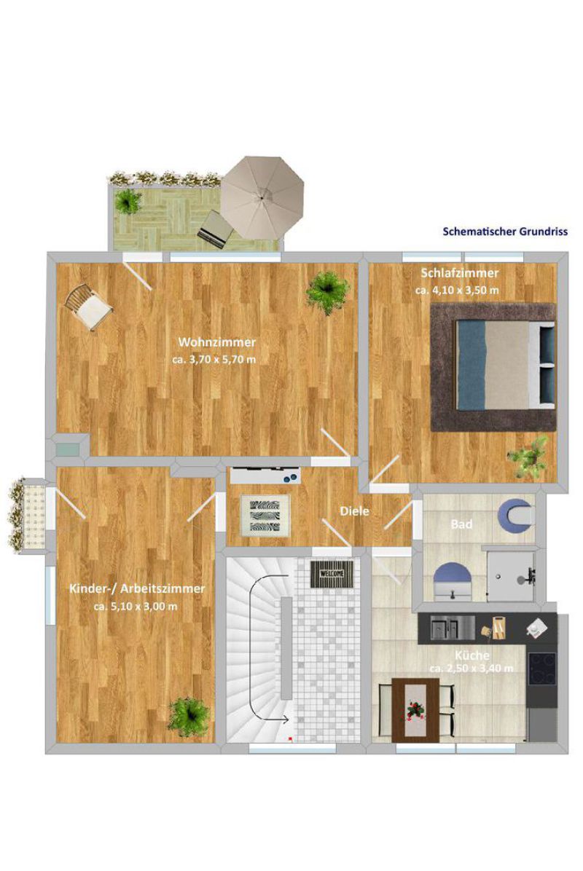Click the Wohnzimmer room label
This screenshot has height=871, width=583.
pyautogui.click(x=216, y=342)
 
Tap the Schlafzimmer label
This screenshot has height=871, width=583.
pyautogui.click(x=459, y=273)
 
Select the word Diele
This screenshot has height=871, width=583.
pyautogui.click(x=354, y=511)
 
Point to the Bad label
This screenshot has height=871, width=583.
pyautogui.click(x=461, y=524)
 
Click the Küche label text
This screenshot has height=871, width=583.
pyautogui.click(x=472, y=655)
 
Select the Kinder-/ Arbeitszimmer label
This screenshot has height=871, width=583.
pyautogui.click(x=137, y=588)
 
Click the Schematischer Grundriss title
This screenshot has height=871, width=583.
pyautogui.click(x=504, y=231)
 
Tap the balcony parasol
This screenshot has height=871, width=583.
pyautogui.click(x=262, y=197)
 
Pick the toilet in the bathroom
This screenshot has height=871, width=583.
pyautogui.click(x=516, y=514)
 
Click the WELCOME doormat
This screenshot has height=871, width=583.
pyautogui.click(x=332, y=574)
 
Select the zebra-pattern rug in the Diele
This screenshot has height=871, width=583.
pyautogui.click(x=265, y=516)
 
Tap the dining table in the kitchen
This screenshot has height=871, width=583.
pyautogui.click(x=414, y=710)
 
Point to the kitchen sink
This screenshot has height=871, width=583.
pyautogui.click(x=453, y=628)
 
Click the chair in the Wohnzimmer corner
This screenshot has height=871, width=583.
pyautogui.click(x=88, y=307)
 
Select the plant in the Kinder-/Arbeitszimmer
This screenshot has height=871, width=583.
pyautogui.click(x=189, y=717)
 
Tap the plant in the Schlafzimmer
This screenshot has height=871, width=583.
pyautogui.click(x=528, y=457)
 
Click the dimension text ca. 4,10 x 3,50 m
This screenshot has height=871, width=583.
pyautogui.click(x=457, y=290)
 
